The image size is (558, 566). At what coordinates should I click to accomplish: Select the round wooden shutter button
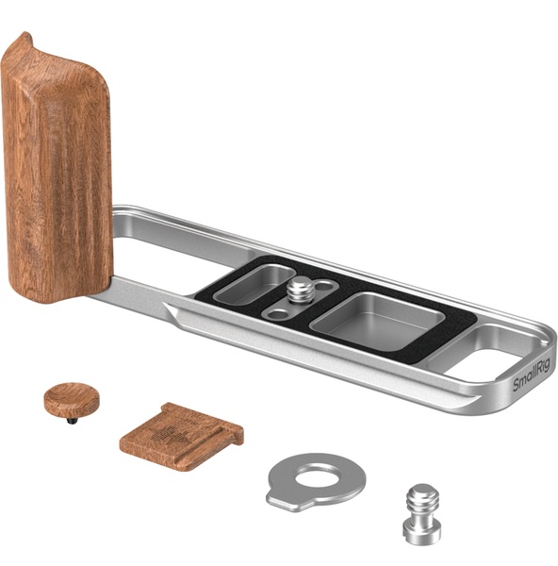pyautogui.click(x=72, y=399)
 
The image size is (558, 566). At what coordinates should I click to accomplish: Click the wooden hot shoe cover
pyautogui.click(x=181, y=437)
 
